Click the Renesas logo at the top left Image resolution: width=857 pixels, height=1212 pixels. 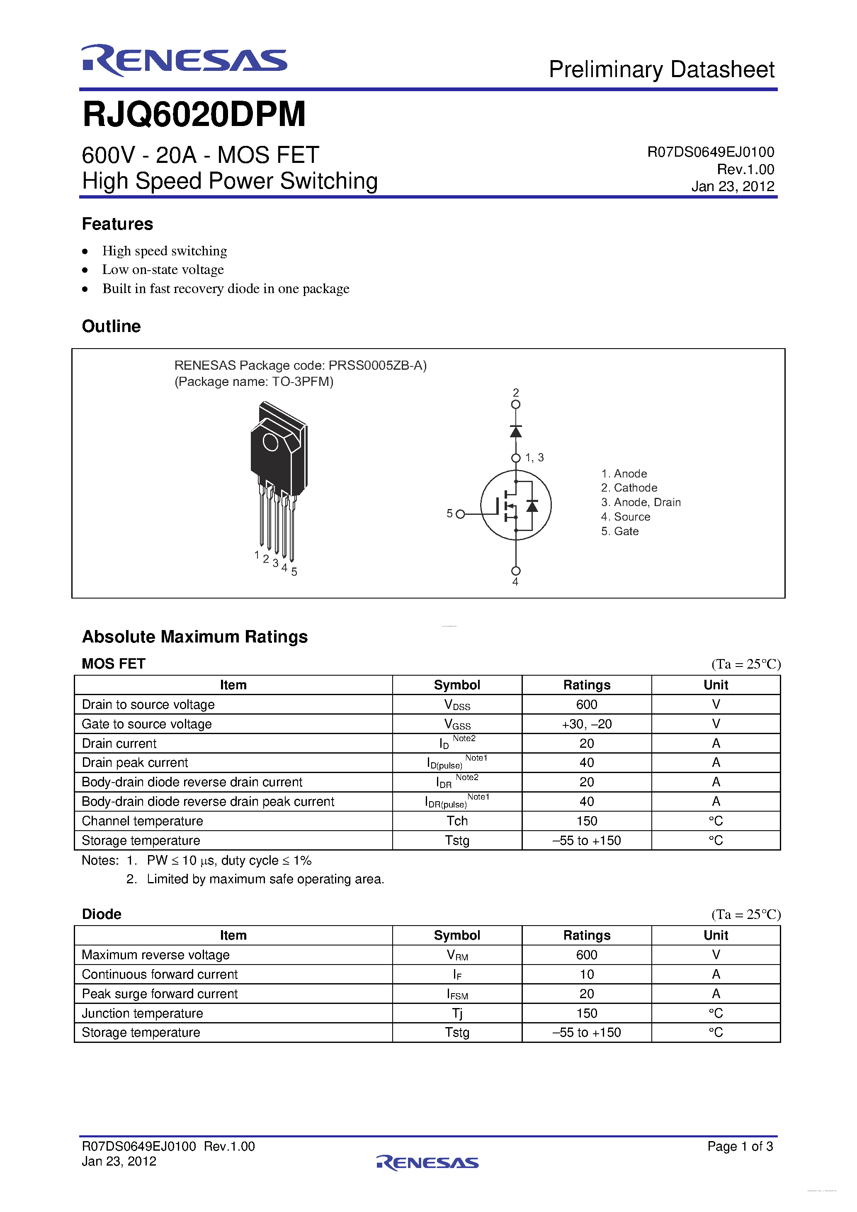pyautogui.click(x=184, y=60)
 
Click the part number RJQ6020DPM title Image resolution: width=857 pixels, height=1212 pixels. pyautogui.click(x=194, y=114)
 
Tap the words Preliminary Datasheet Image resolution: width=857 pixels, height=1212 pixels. pyautogui.click(x=661, y=70)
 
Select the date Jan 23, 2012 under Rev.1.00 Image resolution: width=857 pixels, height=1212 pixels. pyautogui.click(x=732, y=187)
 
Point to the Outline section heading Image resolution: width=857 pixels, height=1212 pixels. pyautogui.click(x=112, y=326)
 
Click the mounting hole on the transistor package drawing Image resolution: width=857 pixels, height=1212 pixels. pyautogui.click(x=270, y=442)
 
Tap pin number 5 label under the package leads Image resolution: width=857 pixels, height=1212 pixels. pyautogui.click(x=294, y=572)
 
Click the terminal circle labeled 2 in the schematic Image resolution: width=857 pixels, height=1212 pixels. pyautogui.click(x=516, y=405)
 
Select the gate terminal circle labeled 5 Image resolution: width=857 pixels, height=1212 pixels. pyautogui.click(x=460, y=514)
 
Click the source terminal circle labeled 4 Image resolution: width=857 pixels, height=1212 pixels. pyautogui.click(x=516, y=571)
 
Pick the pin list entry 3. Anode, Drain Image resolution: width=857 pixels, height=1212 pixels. pyautogui.click(x=641, y=502)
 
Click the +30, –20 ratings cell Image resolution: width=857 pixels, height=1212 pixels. pyautogui.click(x=586, y=724)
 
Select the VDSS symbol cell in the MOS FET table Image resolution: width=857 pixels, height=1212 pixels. pyautogui.click(x=457, y=705)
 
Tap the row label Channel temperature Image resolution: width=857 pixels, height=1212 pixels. pyautogui.click(x=142, y=821)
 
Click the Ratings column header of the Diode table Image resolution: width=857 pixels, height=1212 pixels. pyautogui.click(x=586, y=936)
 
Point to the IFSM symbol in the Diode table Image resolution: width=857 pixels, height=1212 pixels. pyautogui.click(x=457, y=994)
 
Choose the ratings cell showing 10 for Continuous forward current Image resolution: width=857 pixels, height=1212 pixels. pyautogui.click(x=586, y=974)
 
